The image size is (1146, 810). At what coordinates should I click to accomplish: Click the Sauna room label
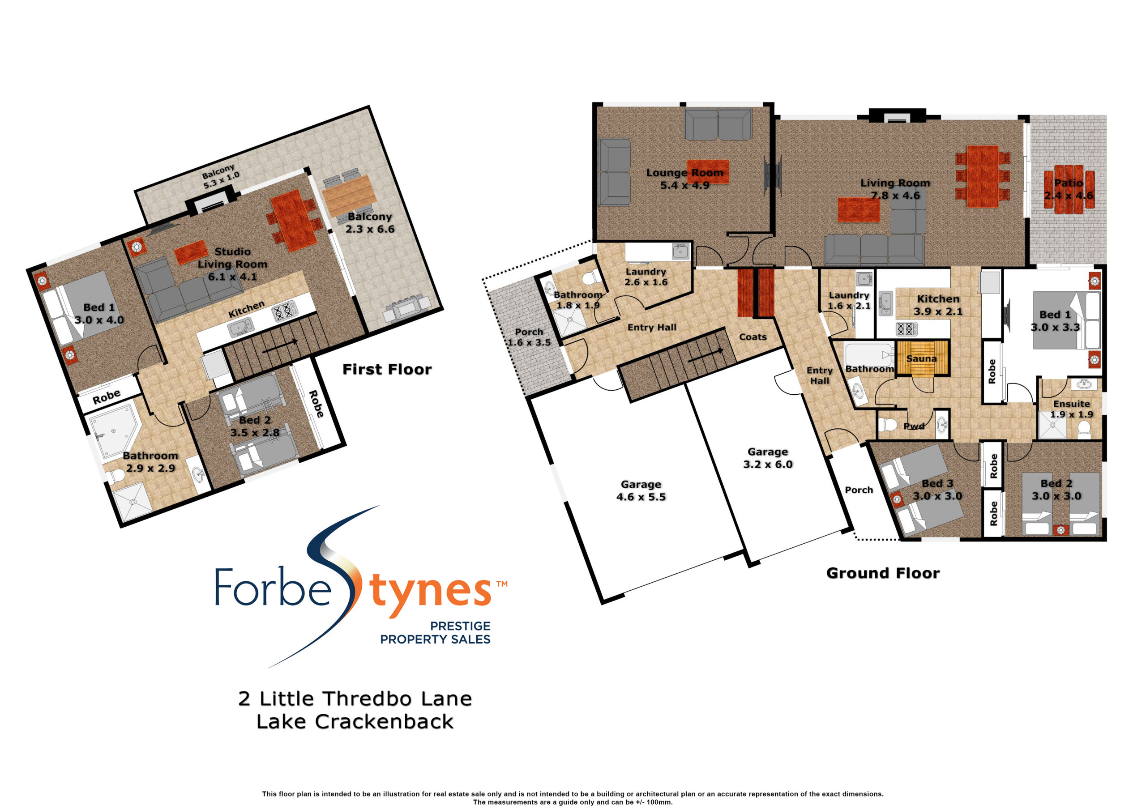tap(921, 358)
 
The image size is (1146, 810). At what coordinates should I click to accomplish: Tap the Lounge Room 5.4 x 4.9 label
tap(684, 179)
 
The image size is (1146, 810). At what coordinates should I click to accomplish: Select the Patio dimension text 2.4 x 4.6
tap(1069, 196)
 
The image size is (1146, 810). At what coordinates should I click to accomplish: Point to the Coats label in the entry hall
tap(753, 337)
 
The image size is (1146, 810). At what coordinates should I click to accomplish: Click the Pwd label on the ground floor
tap(914, 426)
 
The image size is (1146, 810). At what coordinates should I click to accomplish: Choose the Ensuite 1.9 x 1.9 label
tap(1071, 409)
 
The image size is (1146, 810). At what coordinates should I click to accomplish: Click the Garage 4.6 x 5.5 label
tap(641, 490)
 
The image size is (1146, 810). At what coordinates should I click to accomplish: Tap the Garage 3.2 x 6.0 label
tap(768, 458)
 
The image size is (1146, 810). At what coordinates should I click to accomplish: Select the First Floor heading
tap(387, 369)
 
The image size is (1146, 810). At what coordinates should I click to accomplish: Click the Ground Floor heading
tap(883, 573)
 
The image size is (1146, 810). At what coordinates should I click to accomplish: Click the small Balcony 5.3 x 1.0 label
tap(221, 177)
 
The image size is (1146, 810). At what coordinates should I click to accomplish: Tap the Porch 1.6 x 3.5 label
tap(529, 337)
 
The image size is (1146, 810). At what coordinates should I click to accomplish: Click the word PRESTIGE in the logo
tap(460, 626)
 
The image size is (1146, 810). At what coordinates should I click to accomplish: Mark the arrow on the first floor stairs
tap(280, 346)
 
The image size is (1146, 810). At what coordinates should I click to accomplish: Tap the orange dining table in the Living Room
tap(982, 176)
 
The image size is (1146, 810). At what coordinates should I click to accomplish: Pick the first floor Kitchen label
tap(246, 309)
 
